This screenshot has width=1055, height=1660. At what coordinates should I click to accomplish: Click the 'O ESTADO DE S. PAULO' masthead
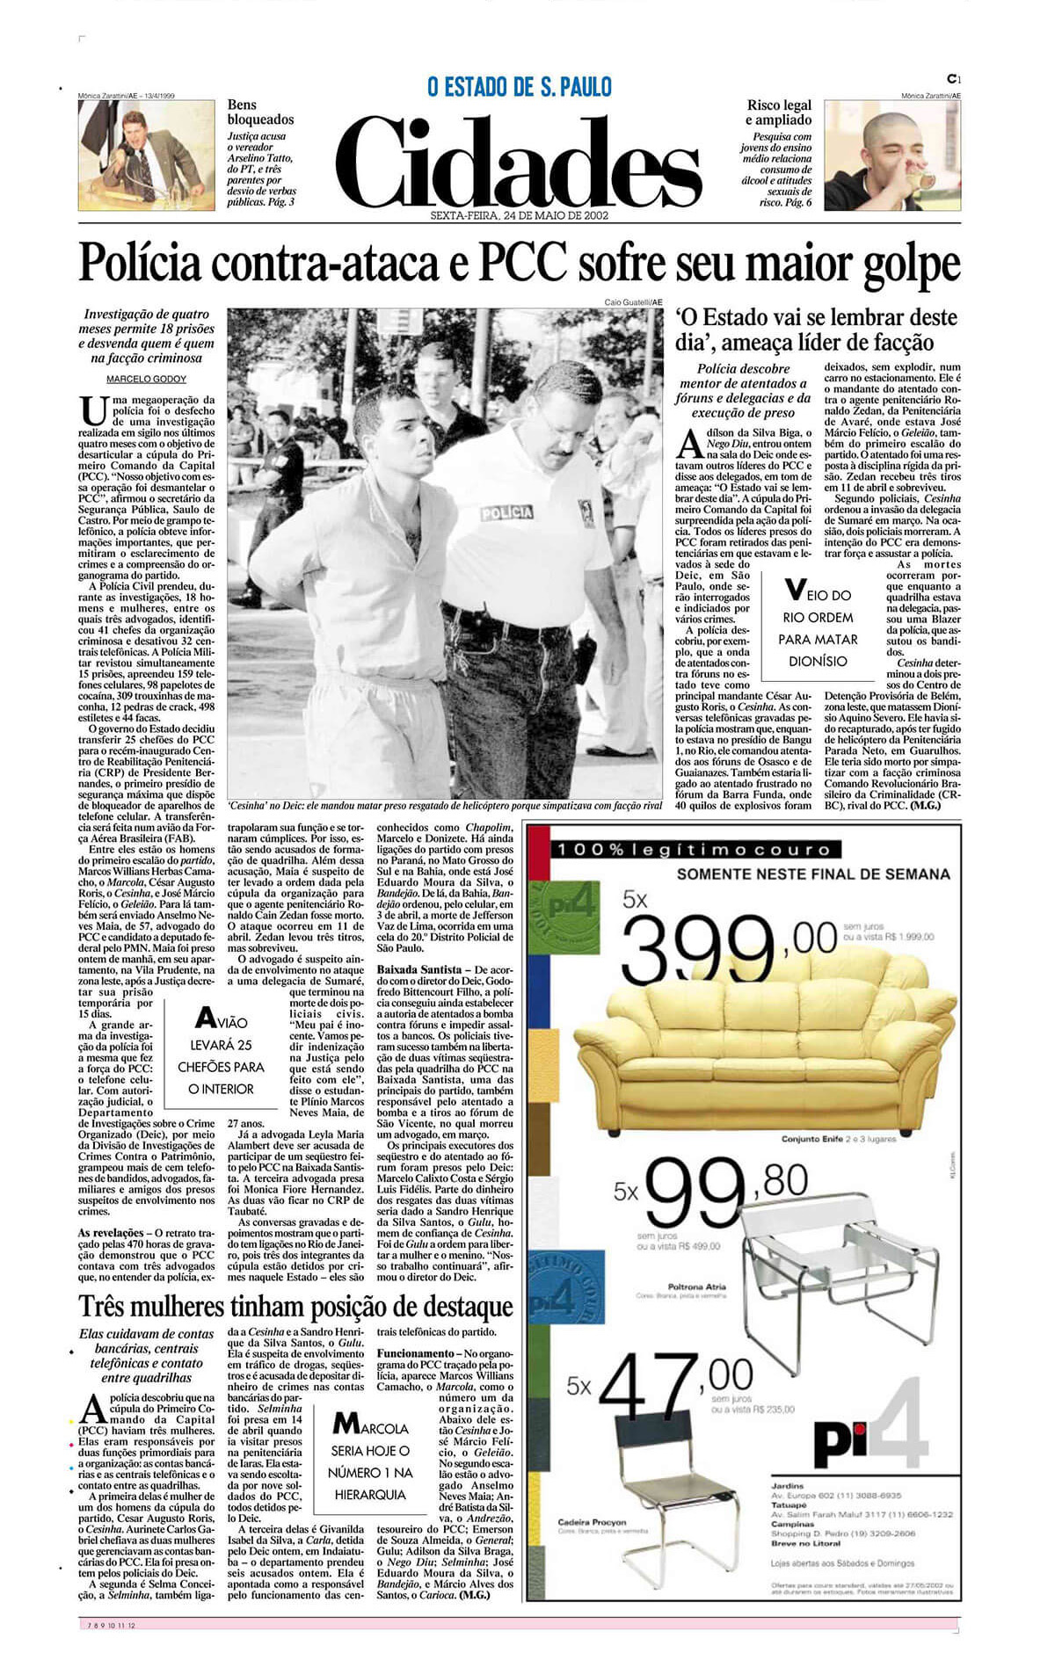click(x=519, y=87)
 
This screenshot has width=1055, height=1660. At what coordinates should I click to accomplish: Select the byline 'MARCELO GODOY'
click(x=146, y=379)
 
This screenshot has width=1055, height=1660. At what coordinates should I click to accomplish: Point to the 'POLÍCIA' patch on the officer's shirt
click(x=506, y=511)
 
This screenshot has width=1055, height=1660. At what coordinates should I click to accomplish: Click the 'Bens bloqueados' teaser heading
click(x=260, y=112)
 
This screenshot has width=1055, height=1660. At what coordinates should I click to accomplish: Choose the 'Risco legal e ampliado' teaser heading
click(x=779, y=112)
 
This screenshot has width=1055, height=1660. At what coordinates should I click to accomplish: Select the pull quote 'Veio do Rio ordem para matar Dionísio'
click(x=818, y=627)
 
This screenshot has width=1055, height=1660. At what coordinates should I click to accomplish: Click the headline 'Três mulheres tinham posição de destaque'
click(x=296, y=1305)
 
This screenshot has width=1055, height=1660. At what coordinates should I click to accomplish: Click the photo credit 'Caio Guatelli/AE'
click(x=633, y=302)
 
